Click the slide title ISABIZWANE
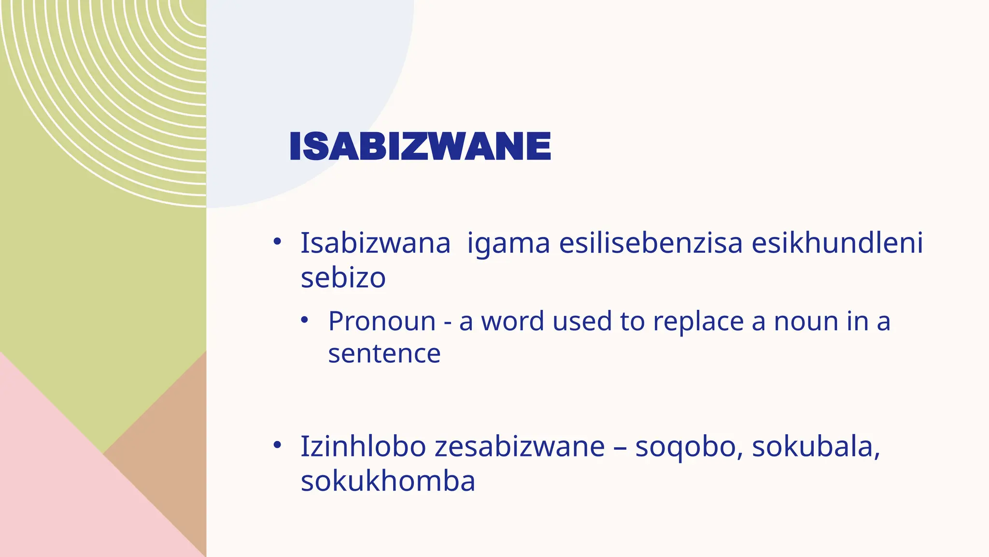coord(420,146)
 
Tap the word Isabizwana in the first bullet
coord(375,243)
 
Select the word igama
coord(508,243)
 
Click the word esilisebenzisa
coord(650,243)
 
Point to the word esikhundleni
coord(837,243)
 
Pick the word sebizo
coord(343,278)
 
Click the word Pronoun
coord(381,321)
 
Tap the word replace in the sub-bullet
coord(698,321)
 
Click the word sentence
coord(384,353)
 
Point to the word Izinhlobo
coord(363,446)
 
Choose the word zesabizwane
coord(520,446)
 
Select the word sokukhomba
coord(388,481)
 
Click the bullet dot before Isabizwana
coord(277,241)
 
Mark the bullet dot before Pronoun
coord(304,320)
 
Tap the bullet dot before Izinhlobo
coord(277,444)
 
